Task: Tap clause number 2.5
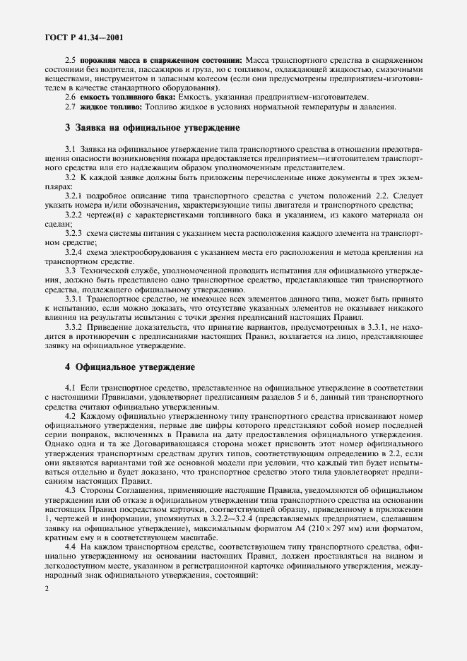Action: [x=70, y=62]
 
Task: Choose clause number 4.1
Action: [x=70, y=388]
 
